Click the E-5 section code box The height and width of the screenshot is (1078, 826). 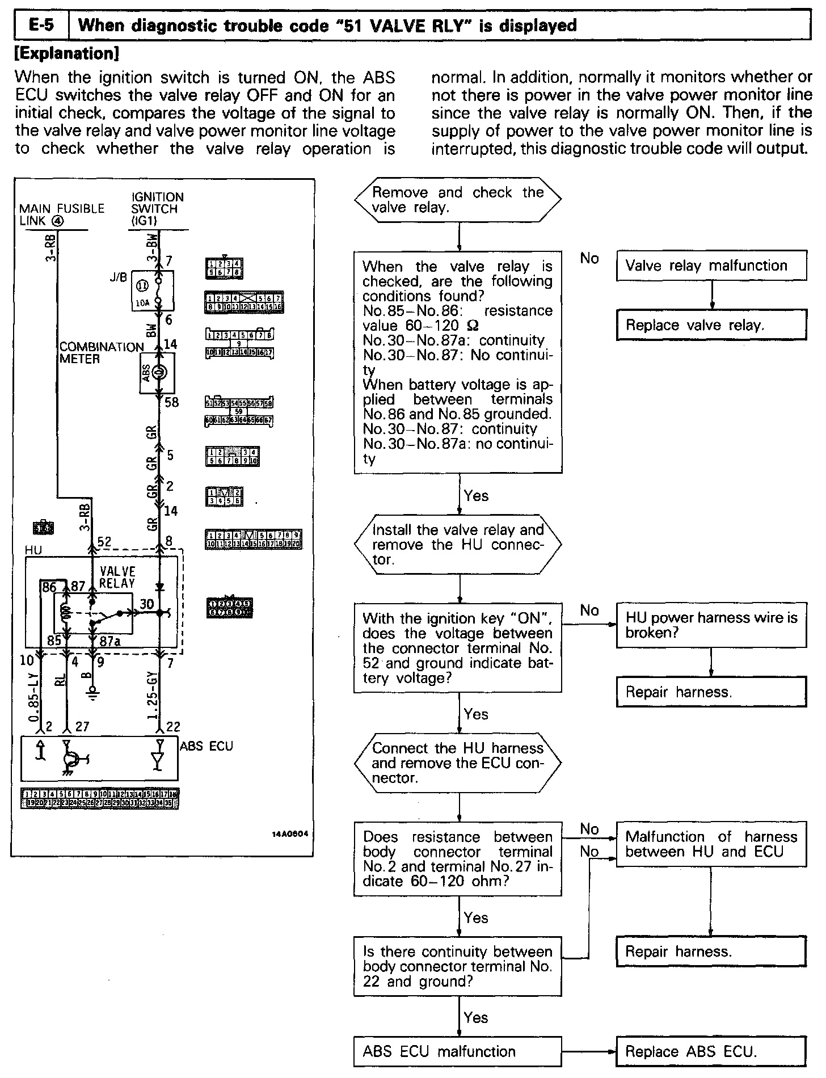pyautogui.click(x=40, y=26)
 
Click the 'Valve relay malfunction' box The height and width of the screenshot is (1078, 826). pyautogui.click(x=711, y=266)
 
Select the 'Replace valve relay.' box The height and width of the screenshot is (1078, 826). pyautogui.click(x=711, y=325)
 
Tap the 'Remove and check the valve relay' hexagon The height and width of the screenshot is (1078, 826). pyautogui.click(x=457, y=200)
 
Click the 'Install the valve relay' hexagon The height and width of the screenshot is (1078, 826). pyautogui.click(x=457, y=545)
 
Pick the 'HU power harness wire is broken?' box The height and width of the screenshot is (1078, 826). pyautogui.click(x=711, y=625)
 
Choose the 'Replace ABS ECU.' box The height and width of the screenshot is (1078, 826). pyautogui.click(x=711, y=1051)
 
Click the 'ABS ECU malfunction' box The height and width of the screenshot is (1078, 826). pyautogui.click(x=457, y=1051)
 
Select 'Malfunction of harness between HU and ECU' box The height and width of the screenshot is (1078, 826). pyautogui.click(x=711, y=844)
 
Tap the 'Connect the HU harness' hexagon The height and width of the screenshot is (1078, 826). pyautogui.click(x=457, y=763)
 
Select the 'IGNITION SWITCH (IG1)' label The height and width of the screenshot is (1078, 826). pyautogui.click(x=157, y=208)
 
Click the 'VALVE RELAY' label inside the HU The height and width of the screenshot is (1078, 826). pyautogui.click(x=117, y=576)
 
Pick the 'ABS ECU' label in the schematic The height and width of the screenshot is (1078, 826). pyautogui.click(x=206, y=746)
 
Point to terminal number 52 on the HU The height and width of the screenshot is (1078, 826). pyautogui.click(x=104, y=541)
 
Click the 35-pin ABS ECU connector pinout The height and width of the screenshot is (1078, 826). pyautogui.click(x=100, y=798)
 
